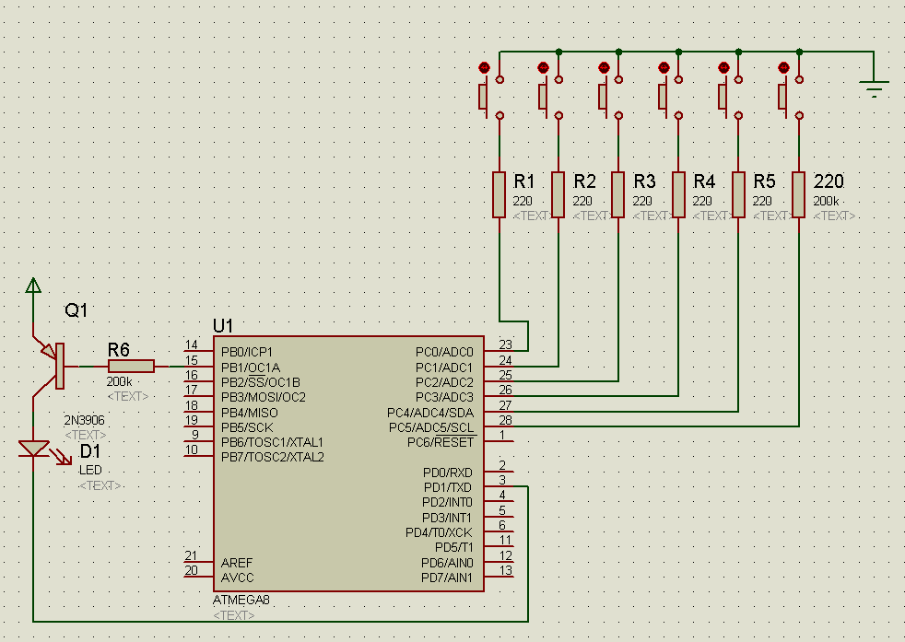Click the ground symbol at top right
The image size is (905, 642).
[874, 88]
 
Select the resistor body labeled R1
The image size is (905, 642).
[499, 193]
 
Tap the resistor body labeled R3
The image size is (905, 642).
[618, 193]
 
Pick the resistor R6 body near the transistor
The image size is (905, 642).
[131, 366]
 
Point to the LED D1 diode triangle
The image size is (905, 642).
[34, 449]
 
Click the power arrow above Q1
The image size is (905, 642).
[34, 286]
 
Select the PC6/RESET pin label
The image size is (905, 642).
[441, 442]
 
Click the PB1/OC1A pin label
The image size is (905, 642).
[251, 367]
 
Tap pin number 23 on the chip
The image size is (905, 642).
[505, 344]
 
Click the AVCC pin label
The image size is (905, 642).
[237, 578]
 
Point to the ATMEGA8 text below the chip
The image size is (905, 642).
[241, 600]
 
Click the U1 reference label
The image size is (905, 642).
[224, 325]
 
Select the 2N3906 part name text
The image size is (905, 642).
[84, 420]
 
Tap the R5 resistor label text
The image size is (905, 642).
[764, 181]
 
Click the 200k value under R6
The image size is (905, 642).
[119, 381]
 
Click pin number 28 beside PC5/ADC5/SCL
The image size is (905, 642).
[505, 419]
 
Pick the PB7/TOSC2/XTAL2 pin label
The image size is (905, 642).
[272, 457]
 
